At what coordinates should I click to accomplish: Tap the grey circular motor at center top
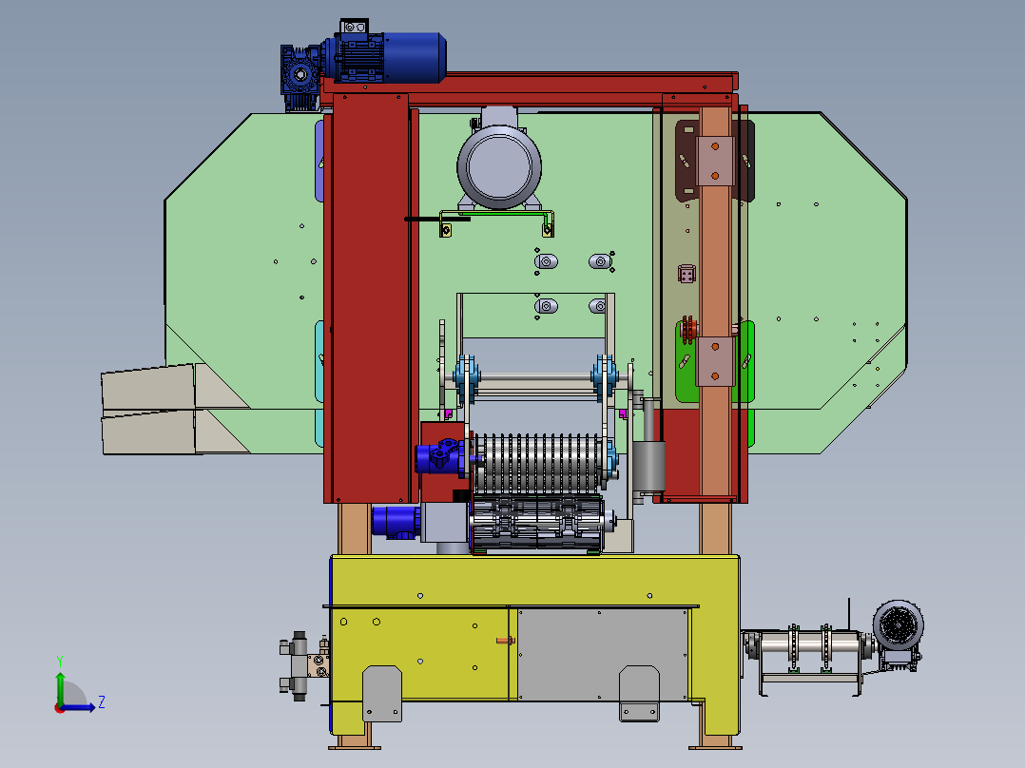[499, 164]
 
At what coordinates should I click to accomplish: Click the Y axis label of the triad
[60, 661]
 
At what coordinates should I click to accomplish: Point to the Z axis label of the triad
[102, 702]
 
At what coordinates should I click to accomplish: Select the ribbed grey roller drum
[536, 463]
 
